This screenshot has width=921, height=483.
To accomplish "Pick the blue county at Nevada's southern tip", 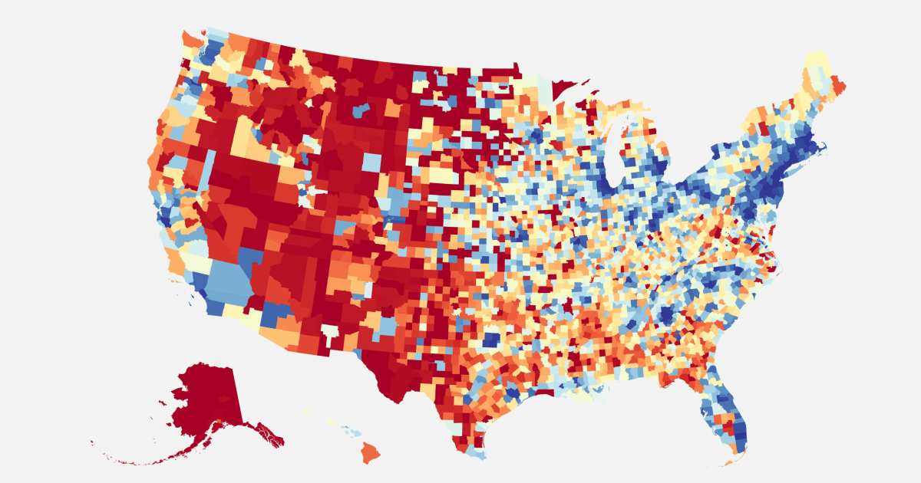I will (249, 261).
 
